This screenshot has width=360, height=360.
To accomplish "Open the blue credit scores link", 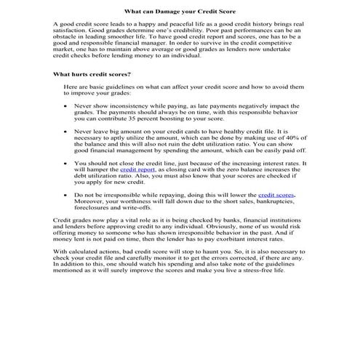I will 276,196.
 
